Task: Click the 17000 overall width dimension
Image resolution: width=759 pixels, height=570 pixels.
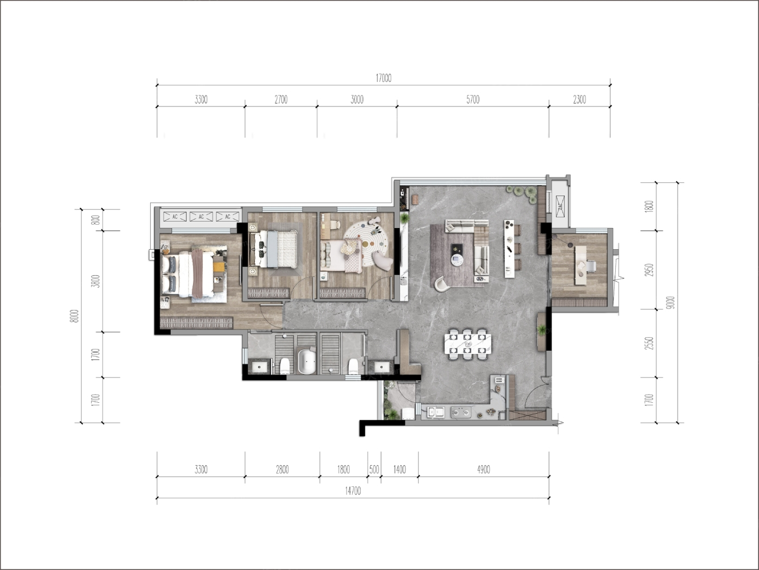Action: pyautogui.click(x=383, y=78)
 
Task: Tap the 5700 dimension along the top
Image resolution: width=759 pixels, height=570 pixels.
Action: pyautogui.click(x=473, y=100)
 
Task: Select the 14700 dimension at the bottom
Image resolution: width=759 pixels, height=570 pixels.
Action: pyautogui.click(x=353, y=491)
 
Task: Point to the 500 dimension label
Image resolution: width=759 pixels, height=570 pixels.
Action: pyautogui.click(x=375, y=470)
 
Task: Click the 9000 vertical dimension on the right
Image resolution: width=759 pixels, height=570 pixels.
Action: pyautogui.click(x=672, y=302)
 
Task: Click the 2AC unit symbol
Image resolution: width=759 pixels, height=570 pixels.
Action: pyautogui.click(x=560, y=207)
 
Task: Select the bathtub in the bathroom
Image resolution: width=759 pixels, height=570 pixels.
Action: pyautogui.click(x=307, y=362)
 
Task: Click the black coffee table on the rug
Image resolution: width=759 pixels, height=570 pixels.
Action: pyautogui.click(x=457, y=249)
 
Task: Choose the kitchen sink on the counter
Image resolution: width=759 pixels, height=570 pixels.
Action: pyautogui.click(x=436, y=412)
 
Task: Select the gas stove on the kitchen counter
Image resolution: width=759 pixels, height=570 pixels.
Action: pyautogui.click(x=461, y=412)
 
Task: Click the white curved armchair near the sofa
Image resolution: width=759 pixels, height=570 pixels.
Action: pyautogui.click(x=442, y=284)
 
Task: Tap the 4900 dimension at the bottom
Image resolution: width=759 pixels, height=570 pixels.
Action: pyautogui.click(x=484, y=470)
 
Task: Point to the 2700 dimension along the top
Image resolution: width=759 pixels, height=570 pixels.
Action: pyautogui.click(x=281, y=100)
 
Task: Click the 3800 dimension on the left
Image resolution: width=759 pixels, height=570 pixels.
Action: pyautogui.click(x=97, y=281)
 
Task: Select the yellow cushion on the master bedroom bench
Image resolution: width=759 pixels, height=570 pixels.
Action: pyautogui.click(x=218, y=267)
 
